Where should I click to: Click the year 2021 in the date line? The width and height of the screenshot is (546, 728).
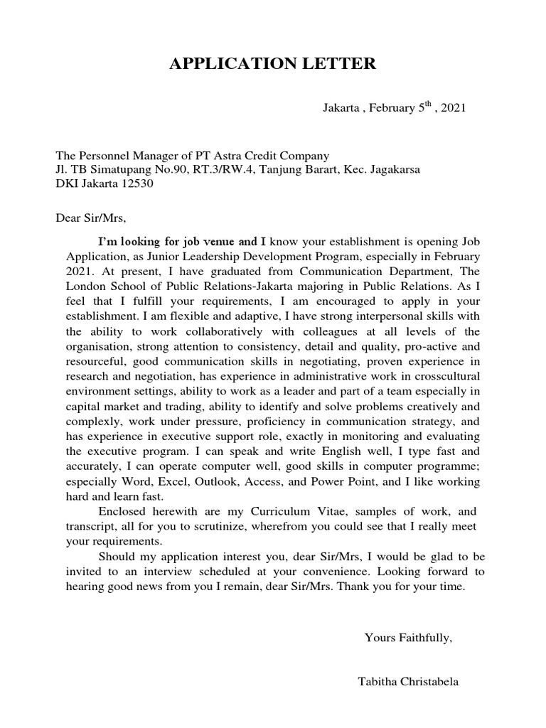[x=454, y=109]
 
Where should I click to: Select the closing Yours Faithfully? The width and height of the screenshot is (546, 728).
[x=408, y=638]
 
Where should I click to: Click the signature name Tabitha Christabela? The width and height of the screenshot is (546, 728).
[x=408, y=682]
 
